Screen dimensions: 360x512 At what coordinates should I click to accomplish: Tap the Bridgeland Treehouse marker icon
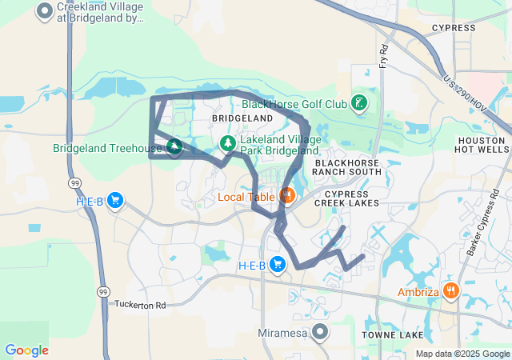tap(174, 147)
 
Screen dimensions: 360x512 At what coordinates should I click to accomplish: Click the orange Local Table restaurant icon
tap(286, 195)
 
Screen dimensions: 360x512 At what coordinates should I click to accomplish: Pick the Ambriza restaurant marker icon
tap(451, 291)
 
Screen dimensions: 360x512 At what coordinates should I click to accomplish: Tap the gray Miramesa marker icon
tap(321, 331)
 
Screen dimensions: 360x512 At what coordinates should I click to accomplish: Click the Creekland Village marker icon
tap(45, 12)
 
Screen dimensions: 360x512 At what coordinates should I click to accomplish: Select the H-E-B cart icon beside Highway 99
tap(116, 201)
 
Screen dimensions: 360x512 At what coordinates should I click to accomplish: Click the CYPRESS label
tap(454, 28)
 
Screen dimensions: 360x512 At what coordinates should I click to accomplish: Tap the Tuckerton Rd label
tap(140, 305)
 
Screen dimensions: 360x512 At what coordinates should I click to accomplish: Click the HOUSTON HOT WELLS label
tap(481, 144)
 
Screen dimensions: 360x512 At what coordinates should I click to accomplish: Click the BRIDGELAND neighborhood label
tap(242, 118)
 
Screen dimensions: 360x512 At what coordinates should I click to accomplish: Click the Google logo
tap(26, 350)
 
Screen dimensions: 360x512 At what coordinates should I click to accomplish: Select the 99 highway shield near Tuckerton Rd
tap(103, 290)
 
